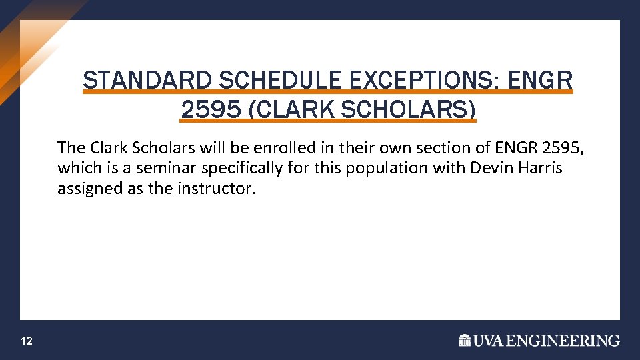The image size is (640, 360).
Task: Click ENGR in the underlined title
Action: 541,81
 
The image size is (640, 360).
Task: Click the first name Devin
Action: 490,167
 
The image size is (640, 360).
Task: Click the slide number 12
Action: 27,341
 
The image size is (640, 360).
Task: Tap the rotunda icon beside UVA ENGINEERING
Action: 465,341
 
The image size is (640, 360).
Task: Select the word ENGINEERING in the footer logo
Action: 563,341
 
